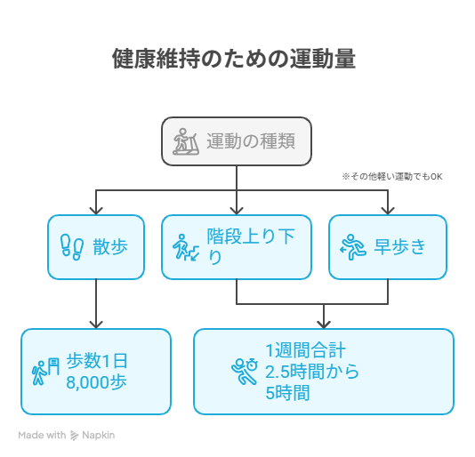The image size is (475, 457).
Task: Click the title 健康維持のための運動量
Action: (x=234, y=59)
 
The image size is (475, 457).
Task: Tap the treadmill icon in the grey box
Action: (x=186, y=141)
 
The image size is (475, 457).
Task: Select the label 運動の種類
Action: (x=251, y=141)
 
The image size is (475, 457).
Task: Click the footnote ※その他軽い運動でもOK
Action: (x=392, y=177)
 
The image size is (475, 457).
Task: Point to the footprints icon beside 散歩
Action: (x=72, y=247)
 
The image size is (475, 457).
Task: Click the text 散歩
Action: (x=110, y=247)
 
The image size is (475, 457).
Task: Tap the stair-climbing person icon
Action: (x=186, y=247)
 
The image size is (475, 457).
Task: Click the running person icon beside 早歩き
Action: (x=353, y=247)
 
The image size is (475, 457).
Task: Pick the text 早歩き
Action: (x=400, y=247)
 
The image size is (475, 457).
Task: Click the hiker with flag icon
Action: (x=45, y=372)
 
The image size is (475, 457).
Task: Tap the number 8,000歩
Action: (x=96, y=382)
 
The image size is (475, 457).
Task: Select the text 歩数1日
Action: (x=97, y=361)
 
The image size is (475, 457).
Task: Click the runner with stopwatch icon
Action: (x=244, y=372)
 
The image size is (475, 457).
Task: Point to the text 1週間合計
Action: (x=305, y=350)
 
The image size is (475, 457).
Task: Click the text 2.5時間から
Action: (x=312, y=372)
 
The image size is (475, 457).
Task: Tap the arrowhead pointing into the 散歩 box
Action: (x=96, y=211)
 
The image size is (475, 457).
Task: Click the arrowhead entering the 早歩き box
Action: (x=388, y=211)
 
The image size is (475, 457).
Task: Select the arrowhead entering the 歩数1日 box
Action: (x=96, y=325)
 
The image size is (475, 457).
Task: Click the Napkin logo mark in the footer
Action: (x=74, y=436)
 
